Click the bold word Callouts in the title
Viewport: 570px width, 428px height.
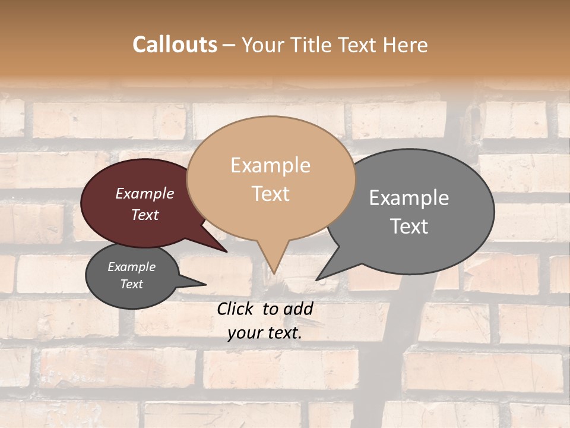pos(175,45)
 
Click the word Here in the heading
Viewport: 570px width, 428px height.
pos(406,45)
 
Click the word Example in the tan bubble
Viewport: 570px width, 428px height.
pos(271,165)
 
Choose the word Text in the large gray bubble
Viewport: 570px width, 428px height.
pos(409,226)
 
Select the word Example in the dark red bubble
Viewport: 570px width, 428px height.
pos(145,194)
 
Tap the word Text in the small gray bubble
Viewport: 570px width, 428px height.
pos(132,284)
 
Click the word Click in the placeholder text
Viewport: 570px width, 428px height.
pos(236,309)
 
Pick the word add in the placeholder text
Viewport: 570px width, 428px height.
pos(298,309)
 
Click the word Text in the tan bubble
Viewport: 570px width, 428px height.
pos(271,194)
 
